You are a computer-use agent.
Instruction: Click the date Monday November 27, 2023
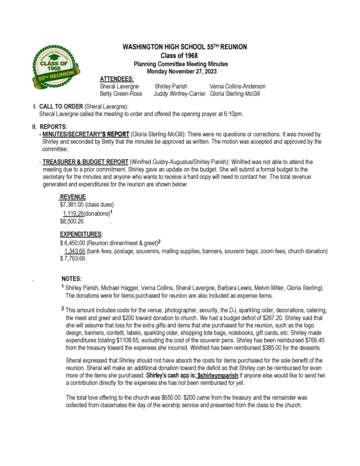point(182,71)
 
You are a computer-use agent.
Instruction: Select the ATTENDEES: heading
point(116,79)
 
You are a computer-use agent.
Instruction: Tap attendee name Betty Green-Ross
point(121,94)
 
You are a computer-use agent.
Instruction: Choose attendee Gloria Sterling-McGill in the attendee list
point(235,94)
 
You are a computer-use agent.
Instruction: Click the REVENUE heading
point(72,197)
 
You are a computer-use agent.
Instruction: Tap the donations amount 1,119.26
point(73,213)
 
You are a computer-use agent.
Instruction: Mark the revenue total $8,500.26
point(72,221)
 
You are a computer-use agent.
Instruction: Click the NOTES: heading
point(72,279)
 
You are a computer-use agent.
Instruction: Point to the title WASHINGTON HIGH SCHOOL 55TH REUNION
point(184,47)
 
